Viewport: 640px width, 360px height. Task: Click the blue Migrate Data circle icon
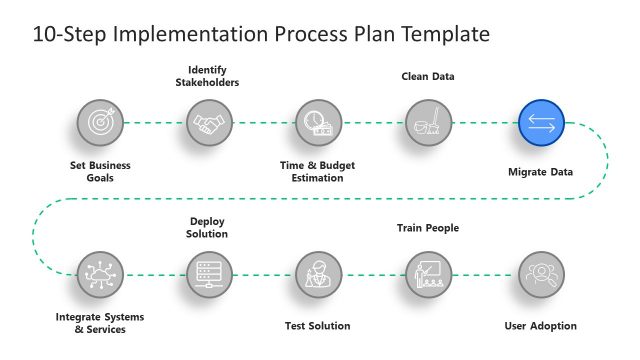point(542,123)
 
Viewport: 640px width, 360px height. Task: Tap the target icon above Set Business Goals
point(100,123)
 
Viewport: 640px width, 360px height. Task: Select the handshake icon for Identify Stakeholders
point(210,123)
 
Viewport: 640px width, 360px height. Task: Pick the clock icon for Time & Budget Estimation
point(319,123)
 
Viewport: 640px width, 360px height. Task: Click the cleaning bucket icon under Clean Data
point(429,123)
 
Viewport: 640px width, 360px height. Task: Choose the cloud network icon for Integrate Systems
point(100,274)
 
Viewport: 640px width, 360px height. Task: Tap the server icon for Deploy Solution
point(210,274)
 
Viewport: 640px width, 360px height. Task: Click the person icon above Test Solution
point(319,274)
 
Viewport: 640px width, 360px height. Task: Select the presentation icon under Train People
point(429,274)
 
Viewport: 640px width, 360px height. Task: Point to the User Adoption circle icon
point(542,274)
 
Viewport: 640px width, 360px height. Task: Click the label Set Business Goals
point(100,171)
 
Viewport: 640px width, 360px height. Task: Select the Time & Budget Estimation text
point(318,171)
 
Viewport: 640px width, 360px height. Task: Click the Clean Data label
point(428,75)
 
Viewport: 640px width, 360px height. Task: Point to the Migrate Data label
point(541,171)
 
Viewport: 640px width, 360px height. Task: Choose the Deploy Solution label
point(209,227)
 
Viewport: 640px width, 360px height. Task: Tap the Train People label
point(428,228)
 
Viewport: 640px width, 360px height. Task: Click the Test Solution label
point(318,325)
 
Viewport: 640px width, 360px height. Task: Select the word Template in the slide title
point(443,34)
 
